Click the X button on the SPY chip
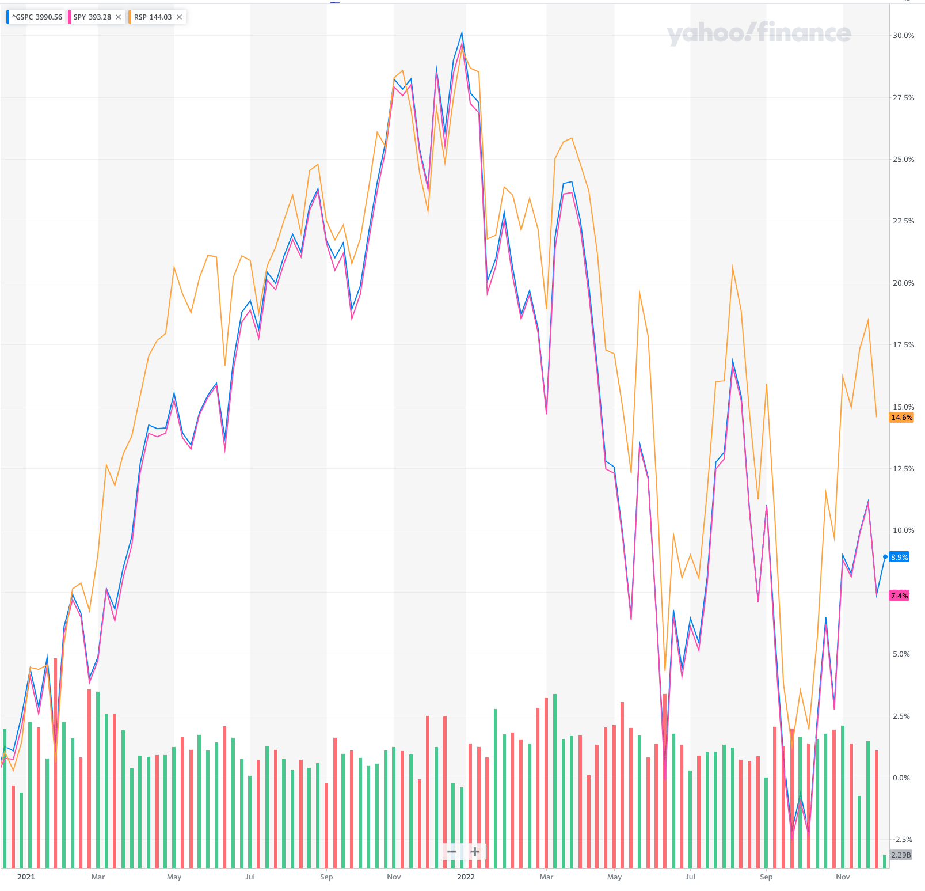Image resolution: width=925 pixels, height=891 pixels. point(119,17)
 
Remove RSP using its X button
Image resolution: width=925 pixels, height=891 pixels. point(180,17)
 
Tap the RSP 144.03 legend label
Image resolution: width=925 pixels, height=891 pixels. point(153,17)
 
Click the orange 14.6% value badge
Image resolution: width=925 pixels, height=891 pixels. point(901,418)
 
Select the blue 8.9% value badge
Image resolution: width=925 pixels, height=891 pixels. point(900,557)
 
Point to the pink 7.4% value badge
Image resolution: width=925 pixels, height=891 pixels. point(899,596)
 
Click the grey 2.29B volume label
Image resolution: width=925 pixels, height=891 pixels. point(901,855)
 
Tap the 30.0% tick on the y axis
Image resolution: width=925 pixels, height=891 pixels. point(903,36)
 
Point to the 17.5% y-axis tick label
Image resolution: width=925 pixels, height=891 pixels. point(903,345)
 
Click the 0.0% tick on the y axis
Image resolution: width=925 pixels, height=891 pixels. point(901,778)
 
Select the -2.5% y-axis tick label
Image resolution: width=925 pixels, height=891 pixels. point(901,840)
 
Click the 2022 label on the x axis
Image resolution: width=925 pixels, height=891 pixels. point(466,877)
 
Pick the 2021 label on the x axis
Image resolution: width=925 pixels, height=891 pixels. point(26,877)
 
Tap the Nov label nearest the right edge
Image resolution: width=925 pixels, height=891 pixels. point(843,877)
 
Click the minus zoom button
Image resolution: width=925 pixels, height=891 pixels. point(452,851)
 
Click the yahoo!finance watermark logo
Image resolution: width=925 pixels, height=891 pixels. point(759,33)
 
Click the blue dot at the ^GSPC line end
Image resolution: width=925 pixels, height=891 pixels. point(885,556)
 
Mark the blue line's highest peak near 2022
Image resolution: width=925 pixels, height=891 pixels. point(462,33)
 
